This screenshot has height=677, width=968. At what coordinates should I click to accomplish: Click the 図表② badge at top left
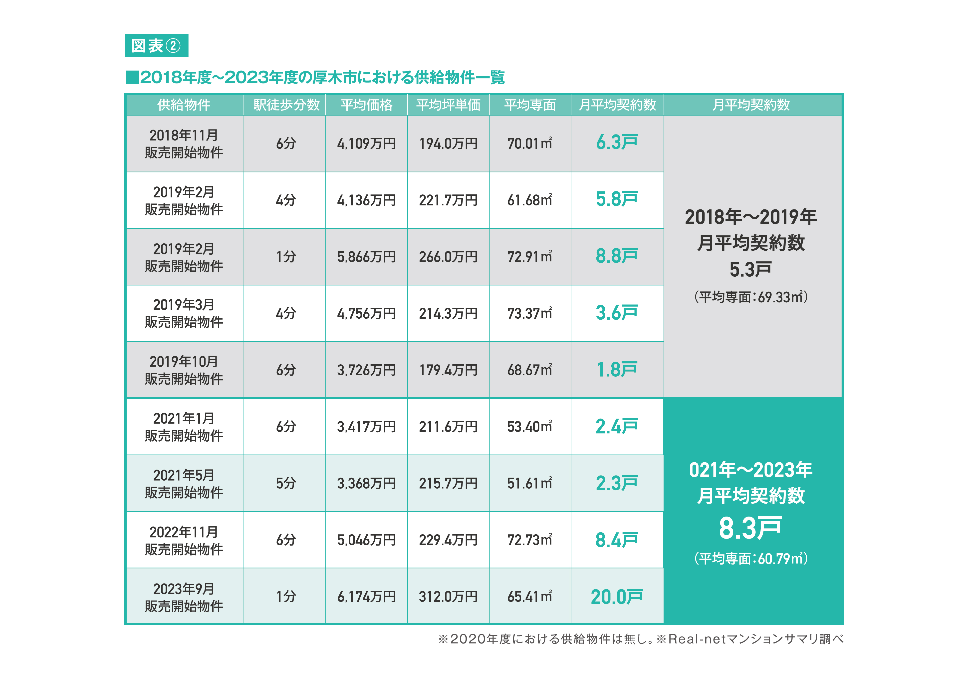point(156,45)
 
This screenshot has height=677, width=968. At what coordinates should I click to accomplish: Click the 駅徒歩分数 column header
point(286,105)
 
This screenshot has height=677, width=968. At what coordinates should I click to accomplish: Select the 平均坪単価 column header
point(448,105)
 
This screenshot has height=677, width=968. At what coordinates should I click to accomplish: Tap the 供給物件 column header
point(184,105)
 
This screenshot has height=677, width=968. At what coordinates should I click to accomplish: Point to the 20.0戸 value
point(616,597)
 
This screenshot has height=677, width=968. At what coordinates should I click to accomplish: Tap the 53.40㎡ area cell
point(529,426)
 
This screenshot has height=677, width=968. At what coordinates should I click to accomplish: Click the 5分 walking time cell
point(286,483)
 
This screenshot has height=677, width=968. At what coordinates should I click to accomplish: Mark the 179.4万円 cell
point(448,370)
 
